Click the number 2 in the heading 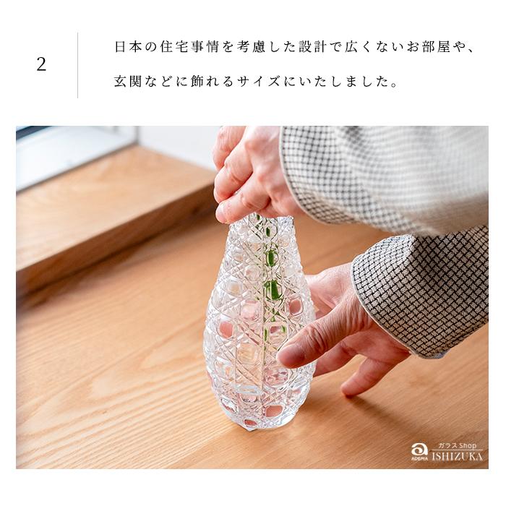click(x=41, y=64)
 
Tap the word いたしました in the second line click(x=340, y=82)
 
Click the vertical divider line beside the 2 click(x=77, y=64)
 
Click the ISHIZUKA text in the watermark click(x=458, y=457)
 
